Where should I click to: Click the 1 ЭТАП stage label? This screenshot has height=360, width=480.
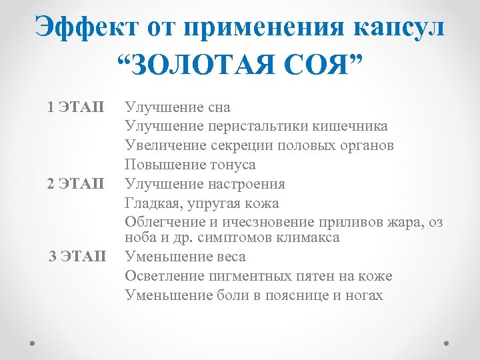(76, 107)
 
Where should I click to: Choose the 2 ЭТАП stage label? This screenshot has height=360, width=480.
(76, 183)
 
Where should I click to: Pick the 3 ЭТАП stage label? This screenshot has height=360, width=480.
(77, 256)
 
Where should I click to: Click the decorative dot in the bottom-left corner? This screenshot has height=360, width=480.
(33, 345)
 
